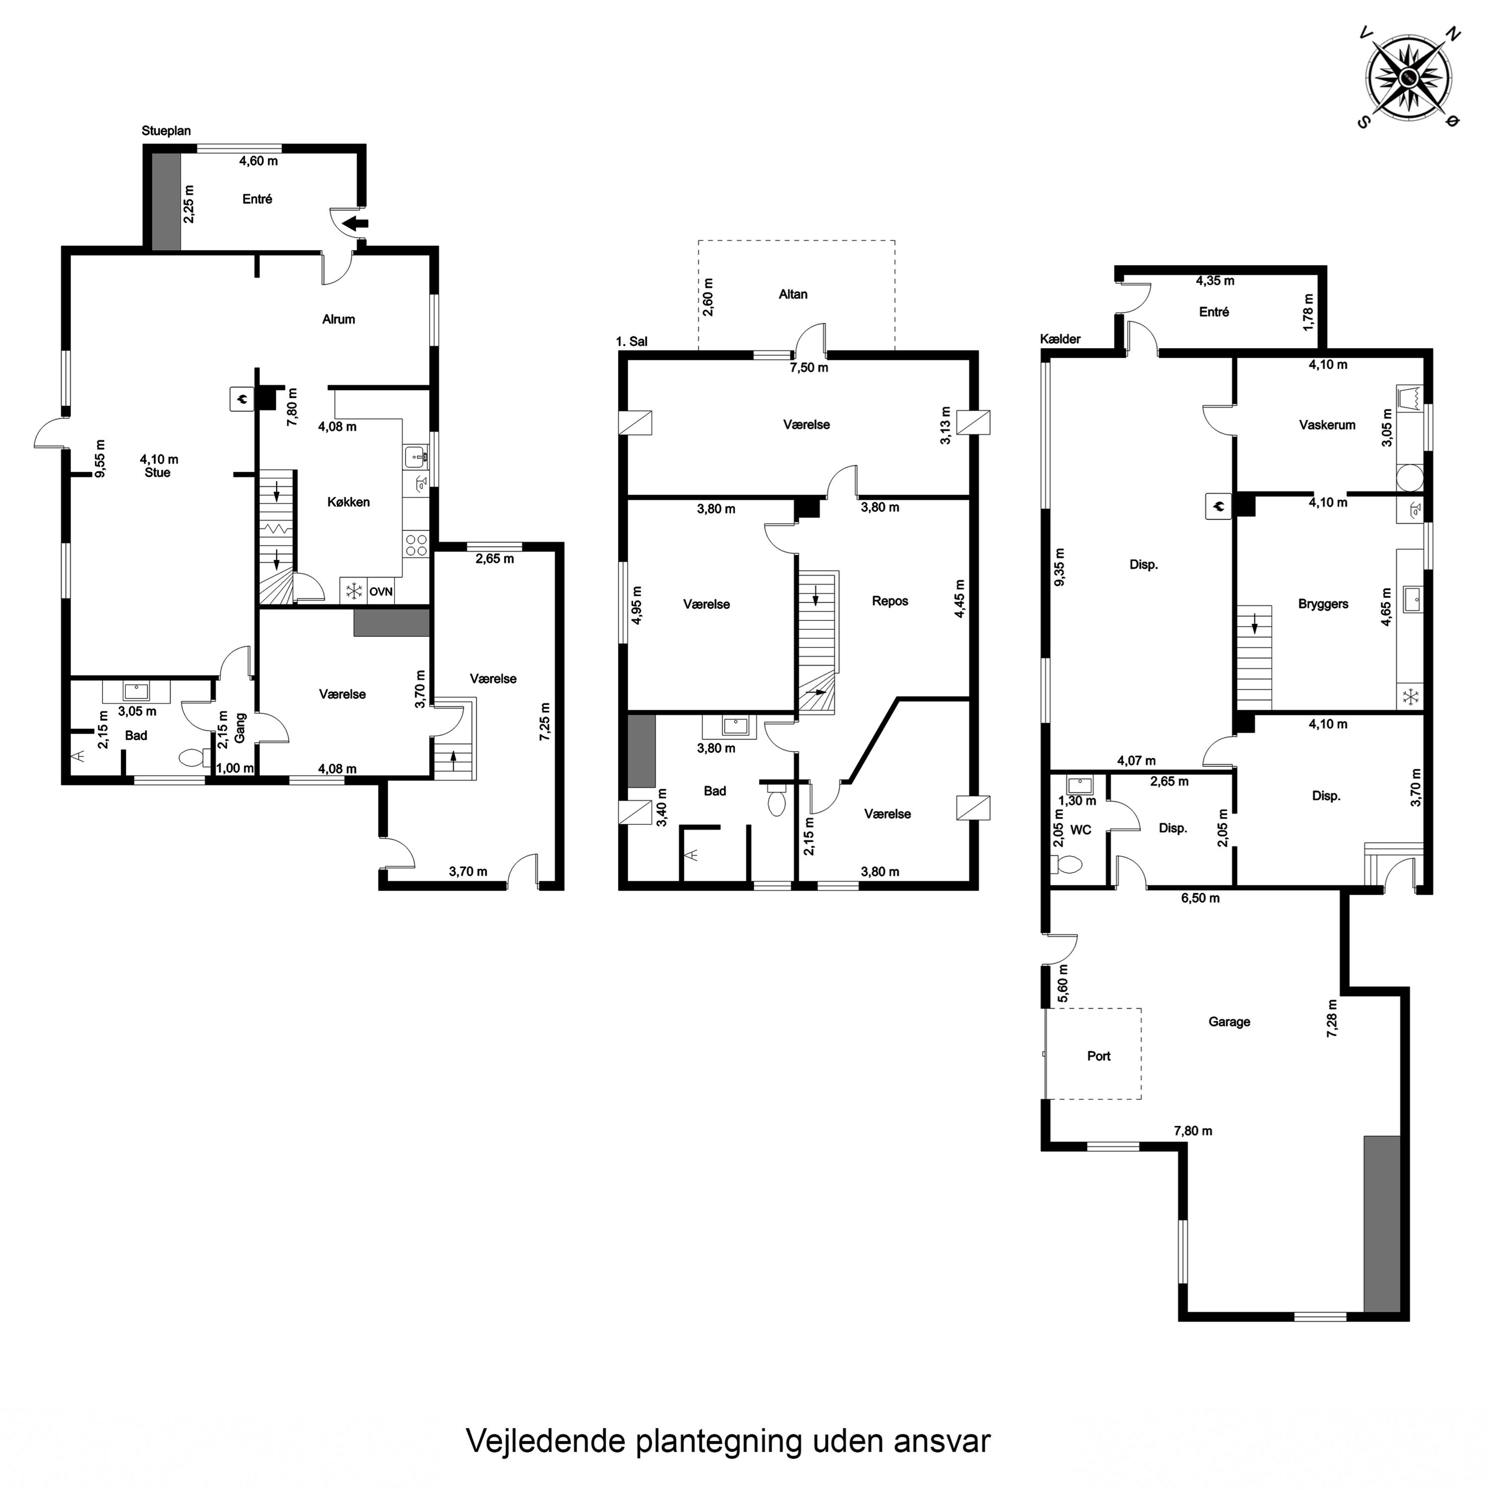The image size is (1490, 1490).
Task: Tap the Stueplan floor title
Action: pyautogui.click(x=166, y=131)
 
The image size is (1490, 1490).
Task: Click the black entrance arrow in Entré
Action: pyautogui.click(x=356, y=223)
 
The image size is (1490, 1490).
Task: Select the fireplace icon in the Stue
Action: pyautogui.click(x=241, y=399)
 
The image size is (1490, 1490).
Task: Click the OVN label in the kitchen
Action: pyautogui.click(x=381, y=592)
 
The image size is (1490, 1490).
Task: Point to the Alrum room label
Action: pyautogui.click(x=339, y=319)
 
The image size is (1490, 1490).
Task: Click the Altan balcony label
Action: pyautogui.click(x=793, y=294)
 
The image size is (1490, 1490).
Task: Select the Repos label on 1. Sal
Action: pyautogui.click(x=890, y=601)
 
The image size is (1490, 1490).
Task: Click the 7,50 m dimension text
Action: pyautogui.click(x=808, y=368)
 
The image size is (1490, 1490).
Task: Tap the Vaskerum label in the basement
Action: pyautogui.click(x=1327, y=425)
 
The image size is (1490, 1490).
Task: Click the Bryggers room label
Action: pyautogui.click(x=1323, y=604)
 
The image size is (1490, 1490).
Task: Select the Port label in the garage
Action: pyautogui.click(x=1098, y=1056)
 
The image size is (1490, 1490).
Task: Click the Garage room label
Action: pyautogui.click(x=1229, y=1022)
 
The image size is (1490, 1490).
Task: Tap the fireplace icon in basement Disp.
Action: pyautogui.click(x=1218, y=507)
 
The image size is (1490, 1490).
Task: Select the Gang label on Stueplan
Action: pyautogui.click(x=240, y=728)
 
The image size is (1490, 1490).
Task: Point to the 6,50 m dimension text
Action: pyautogui.click(x=1200, y=898)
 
